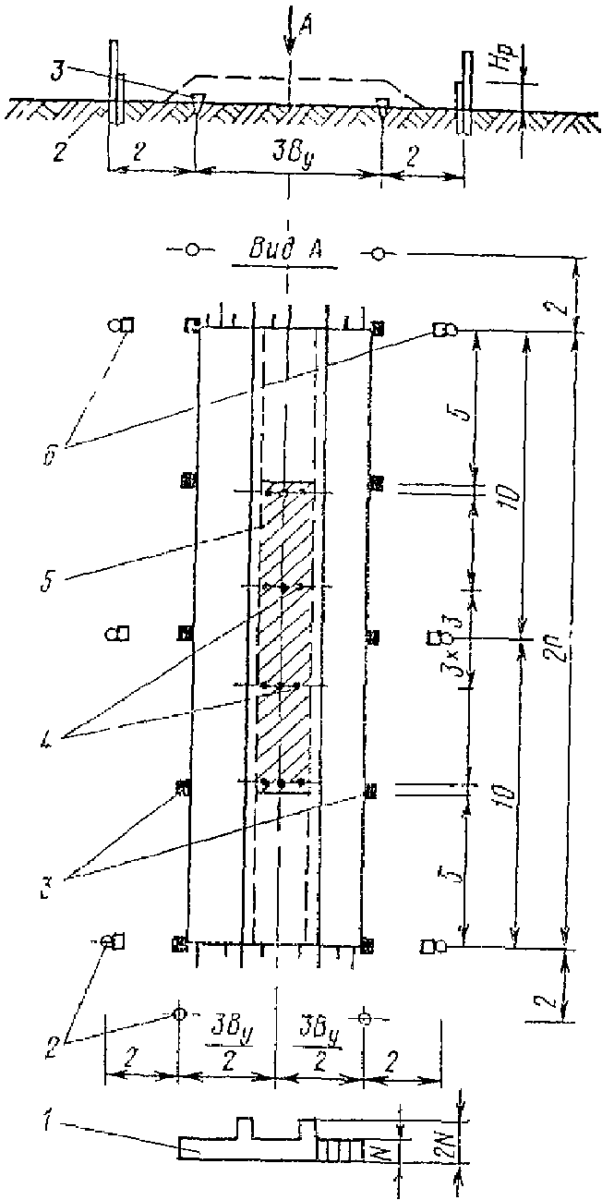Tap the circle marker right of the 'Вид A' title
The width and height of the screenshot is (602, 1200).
coord(378,251)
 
